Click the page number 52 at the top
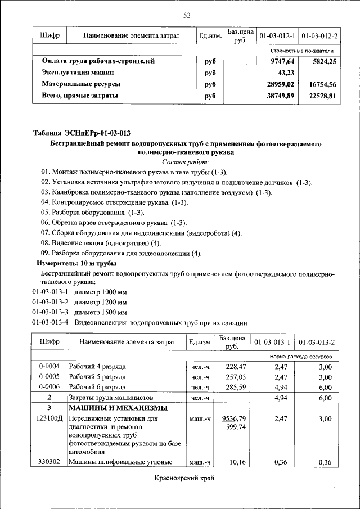[x=187, y=15]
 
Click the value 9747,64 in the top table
[x=282, y=61]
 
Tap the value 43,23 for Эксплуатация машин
[x=286, y=73]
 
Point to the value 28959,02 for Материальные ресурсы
[x=280, y=84]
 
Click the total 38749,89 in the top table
[x=280, y=96]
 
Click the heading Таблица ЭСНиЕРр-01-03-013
[x=82, y=133]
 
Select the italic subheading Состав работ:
[x=186, y=161]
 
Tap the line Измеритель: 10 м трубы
[x=76, y=263]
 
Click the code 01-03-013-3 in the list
[x=49, y=312]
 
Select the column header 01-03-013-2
[x=317, y=342]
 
